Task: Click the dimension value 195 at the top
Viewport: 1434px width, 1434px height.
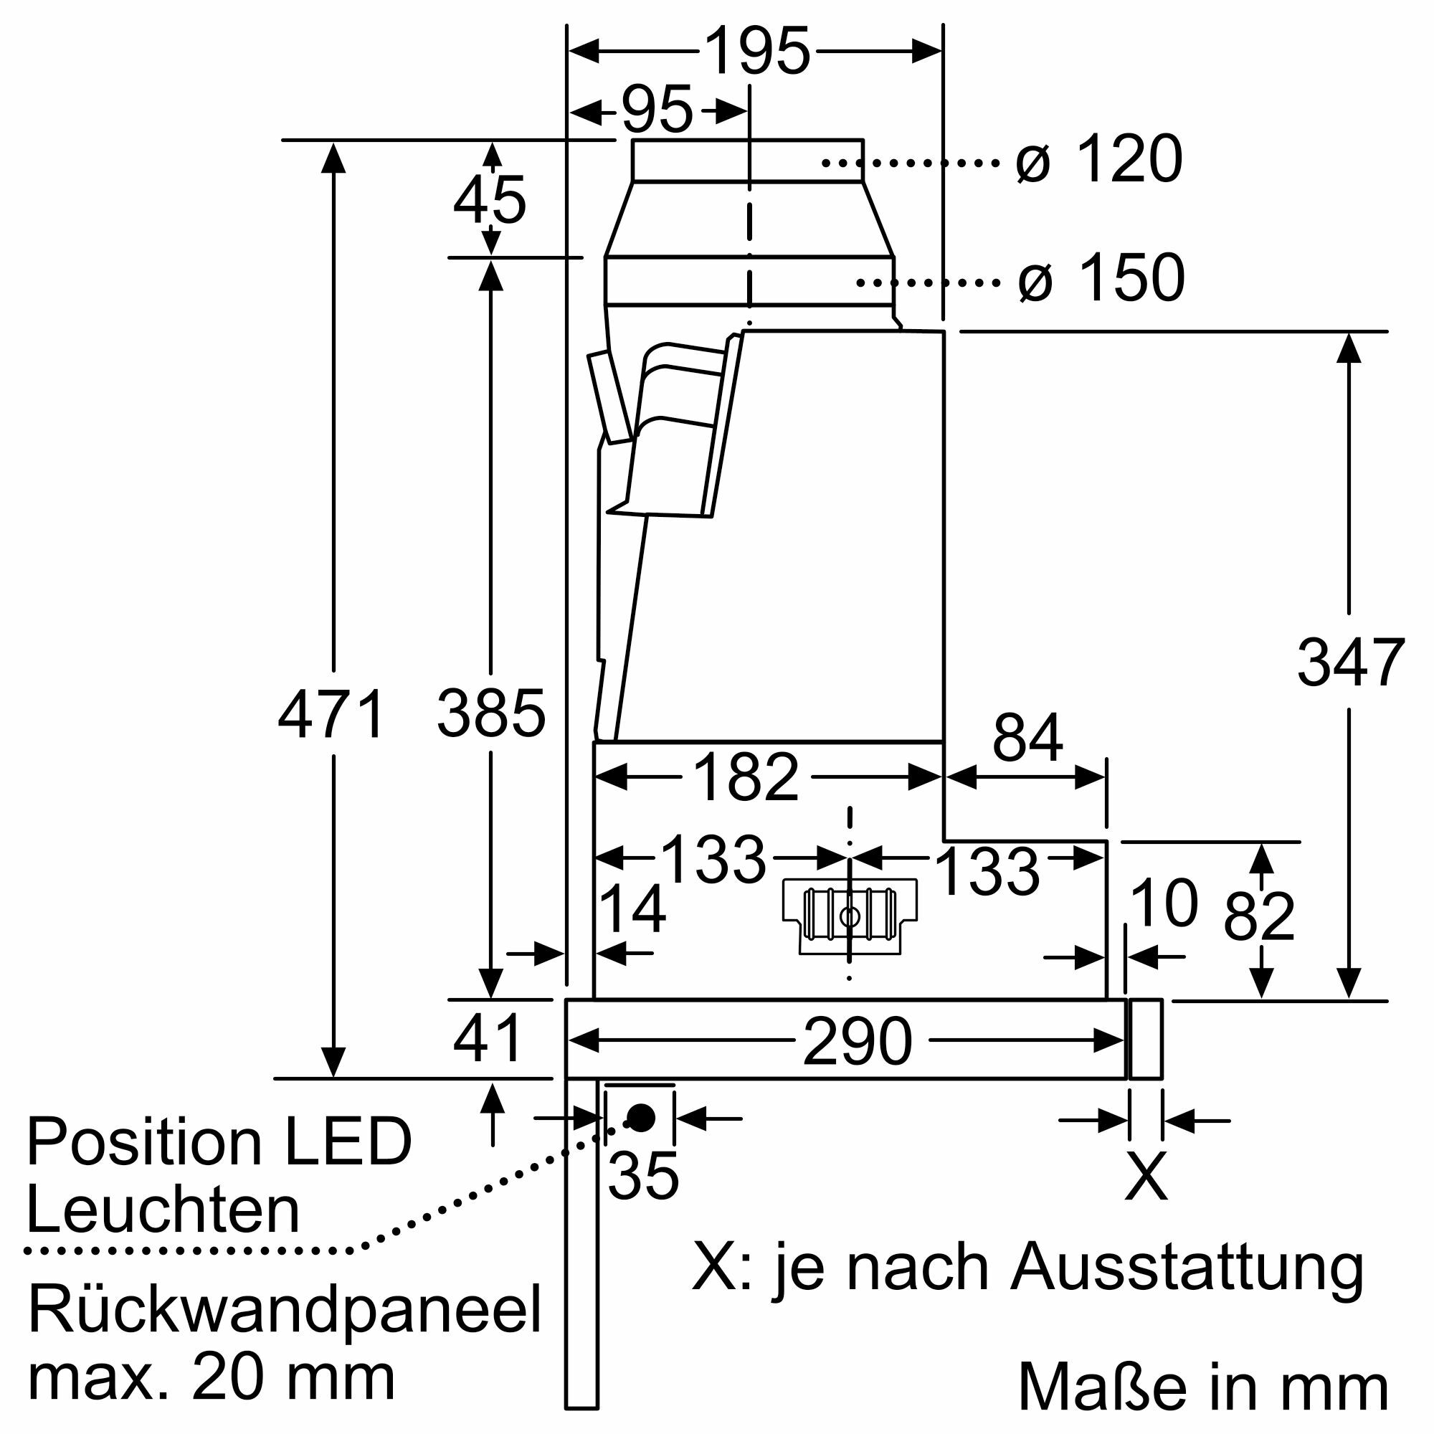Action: tap(756, 51)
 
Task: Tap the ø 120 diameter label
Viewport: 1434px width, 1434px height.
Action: tap(1098, 159)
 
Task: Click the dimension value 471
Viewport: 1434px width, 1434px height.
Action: tap(331, 715)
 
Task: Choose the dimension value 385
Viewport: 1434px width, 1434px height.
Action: tap(490, 715)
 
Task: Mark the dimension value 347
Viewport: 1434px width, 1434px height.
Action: tap(1350, 663)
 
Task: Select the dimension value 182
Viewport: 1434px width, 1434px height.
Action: tap(745, 778)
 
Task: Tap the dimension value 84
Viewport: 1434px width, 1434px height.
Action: tap(1027, 738)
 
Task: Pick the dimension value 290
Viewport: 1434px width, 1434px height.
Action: tap(858, 1041)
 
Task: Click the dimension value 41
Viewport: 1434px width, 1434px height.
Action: tap(488, 1039)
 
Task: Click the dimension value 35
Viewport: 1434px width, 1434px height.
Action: tap(642, 1176)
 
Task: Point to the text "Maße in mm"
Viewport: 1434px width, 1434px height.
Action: tap(1202, 1386)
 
